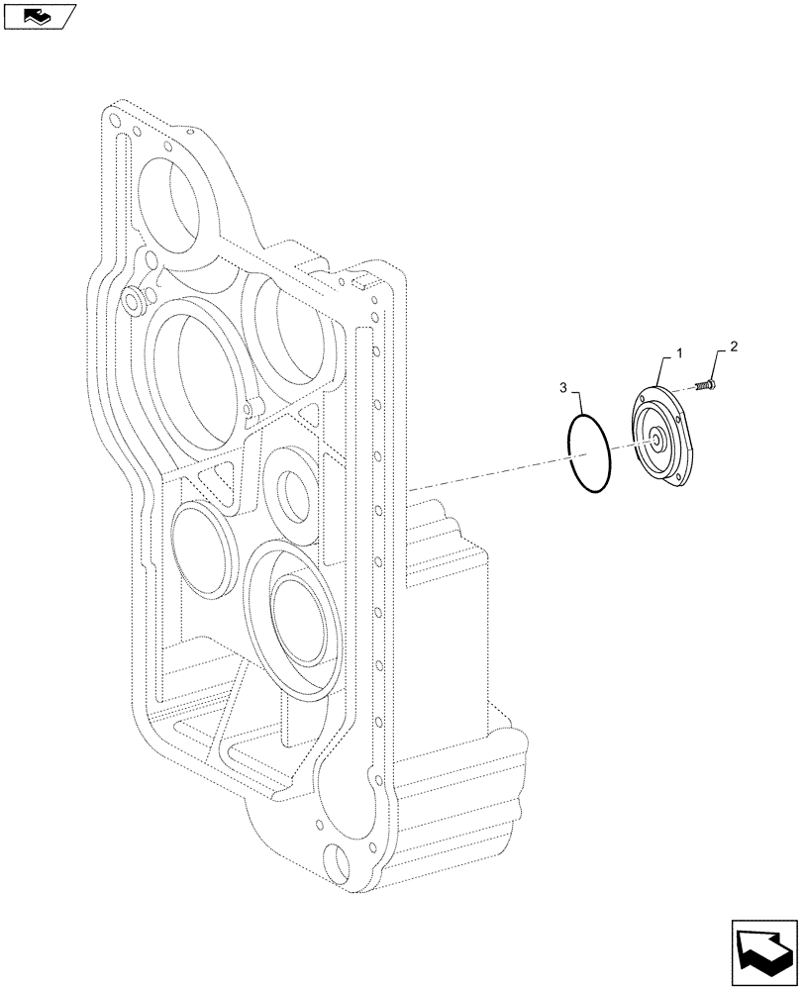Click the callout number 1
(678, 353)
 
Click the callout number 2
(733, 346)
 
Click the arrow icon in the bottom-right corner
(763, 950)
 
